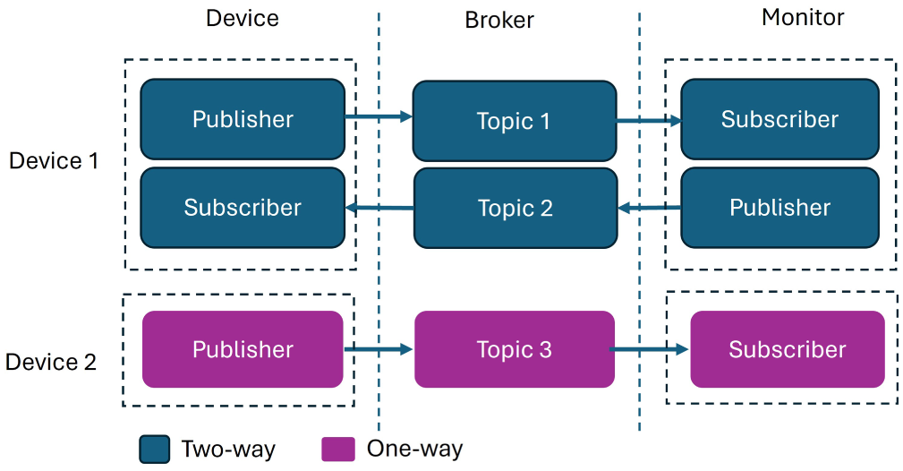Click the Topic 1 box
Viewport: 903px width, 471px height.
(x=515, y=121)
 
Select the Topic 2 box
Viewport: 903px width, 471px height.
(x=515, y=208)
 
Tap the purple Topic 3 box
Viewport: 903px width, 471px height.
(x=515, y=349)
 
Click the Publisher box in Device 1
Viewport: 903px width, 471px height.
(x=243, y=119)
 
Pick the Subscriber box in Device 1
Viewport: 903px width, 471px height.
(x=243, y=208)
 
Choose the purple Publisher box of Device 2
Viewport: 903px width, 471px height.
(x=243, y=349)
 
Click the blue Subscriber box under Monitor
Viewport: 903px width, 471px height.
(x=779, y=119)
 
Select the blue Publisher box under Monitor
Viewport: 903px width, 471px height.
(x=779, y=208)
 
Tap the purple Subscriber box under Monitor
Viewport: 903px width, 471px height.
(x=788, y=349)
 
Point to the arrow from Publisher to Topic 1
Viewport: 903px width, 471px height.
(x=379, y=117)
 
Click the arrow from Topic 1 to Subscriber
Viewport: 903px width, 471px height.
(x=649, y=121)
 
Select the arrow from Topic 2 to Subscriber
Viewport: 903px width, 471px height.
(x=379, y=208)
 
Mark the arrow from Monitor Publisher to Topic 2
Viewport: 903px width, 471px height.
(x=649, y=208)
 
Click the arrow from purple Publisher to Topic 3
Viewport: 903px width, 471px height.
(x=379, y=349)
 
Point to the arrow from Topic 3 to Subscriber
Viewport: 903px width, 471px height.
(x=649, y=349)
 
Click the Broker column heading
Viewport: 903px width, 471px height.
(x=499, y=21)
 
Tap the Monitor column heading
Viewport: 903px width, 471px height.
(x=803, y=17)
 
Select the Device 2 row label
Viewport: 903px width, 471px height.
(x=51, y=362)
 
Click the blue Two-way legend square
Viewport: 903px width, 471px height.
(x=154, y=450)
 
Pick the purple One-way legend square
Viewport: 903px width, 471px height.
(x=338, y=450)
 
